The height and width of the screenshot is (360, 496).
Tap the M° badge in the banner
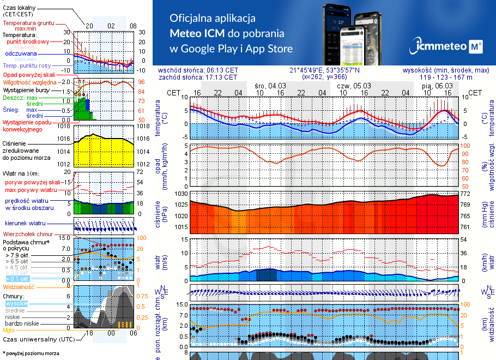click(476, 47)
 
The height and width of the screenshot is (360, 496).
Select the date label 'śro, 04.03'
click(270, 86)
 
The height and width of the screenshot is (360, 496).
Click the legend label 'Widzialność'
click(19, 286)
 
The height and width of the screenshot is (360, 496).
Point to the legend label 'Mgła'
click(9, 329)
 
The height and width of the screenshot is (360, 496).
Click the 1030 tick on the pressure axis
click(181, 194)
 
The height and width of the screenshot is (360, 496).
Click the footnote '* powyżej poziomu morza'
click(31, 353)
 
